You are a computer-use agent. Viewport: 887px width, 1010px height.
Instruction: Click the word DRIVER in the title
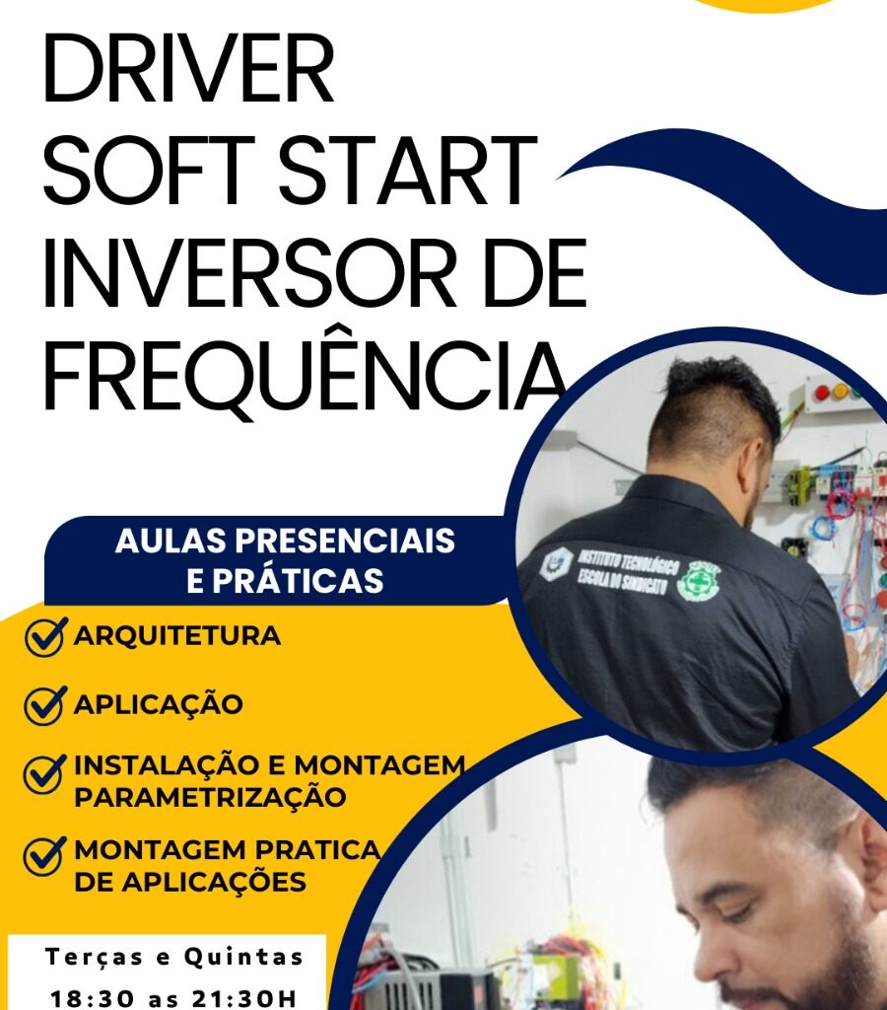[x=188, y=69]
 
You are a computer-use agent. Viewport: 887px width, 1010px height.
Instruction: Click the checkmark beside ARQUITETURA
[x=45, y=636]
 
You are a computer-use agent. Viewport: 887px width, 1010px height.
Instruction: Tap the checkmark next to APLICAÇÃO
[x=45, y=704]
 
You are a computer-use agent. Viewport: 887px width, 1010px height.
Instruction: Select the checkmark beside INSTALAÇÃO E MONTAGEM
[x=45, y=773]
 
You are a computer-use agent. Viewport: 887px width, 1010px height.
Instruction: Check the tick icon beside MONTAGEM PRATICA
[x=45, y=856]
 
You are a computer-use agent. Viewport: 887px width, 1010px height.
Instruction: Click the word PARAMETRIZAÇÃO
[x=210, y=797]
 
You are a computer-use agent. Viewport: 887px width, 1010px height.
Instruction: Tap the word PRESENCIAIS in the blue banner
[x=344, y=541]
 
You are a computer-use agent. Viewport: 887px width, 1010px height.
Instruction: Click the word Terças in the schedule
[x=94, y=957]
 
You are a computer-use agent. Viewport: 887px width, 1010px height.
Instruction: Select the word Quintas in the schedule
[x=243, y=957]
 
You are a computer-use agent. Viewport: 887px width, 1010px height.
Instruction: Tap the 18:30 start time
[x=92, y=999]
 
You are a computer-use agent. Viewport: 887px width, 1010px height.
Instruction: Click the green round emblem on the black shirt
[x=698, y=578]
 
